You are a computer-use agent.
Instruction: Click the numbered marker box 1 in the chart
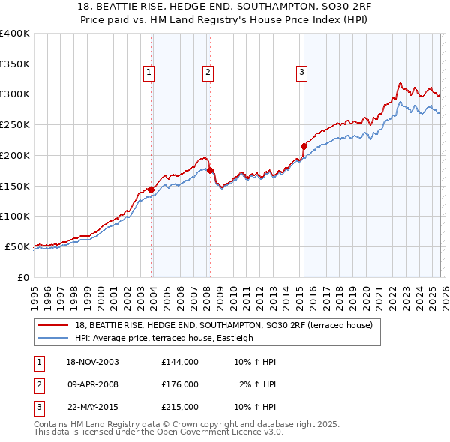(149, 73)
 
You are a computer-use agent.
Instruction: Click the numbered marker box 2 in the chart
(207, 73)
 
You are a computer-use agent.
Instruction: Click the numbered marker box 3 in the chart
(301, 73)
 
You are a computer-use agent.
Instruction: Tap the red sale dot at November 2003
(151, 189)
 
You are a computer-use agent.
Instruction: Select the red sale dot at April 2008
(210, 170)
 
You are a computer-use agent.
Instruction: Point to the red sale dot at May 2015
(304, 146)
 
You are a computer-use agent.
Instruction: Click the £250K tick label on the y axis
(14, 124)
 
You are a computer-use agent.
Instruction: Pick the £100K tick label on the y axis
(14, 216)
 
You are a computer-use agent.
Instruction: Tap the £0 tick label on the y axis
(22, 277)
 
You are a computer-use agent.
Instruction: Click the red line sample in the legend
(52, 325)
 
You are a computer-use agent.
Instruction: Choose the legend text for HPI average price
(164, 338)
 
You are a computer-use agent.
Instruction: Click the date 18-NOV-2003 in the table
(93, 362)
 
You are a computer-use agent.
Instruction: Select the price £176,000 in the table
(180, 384)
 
